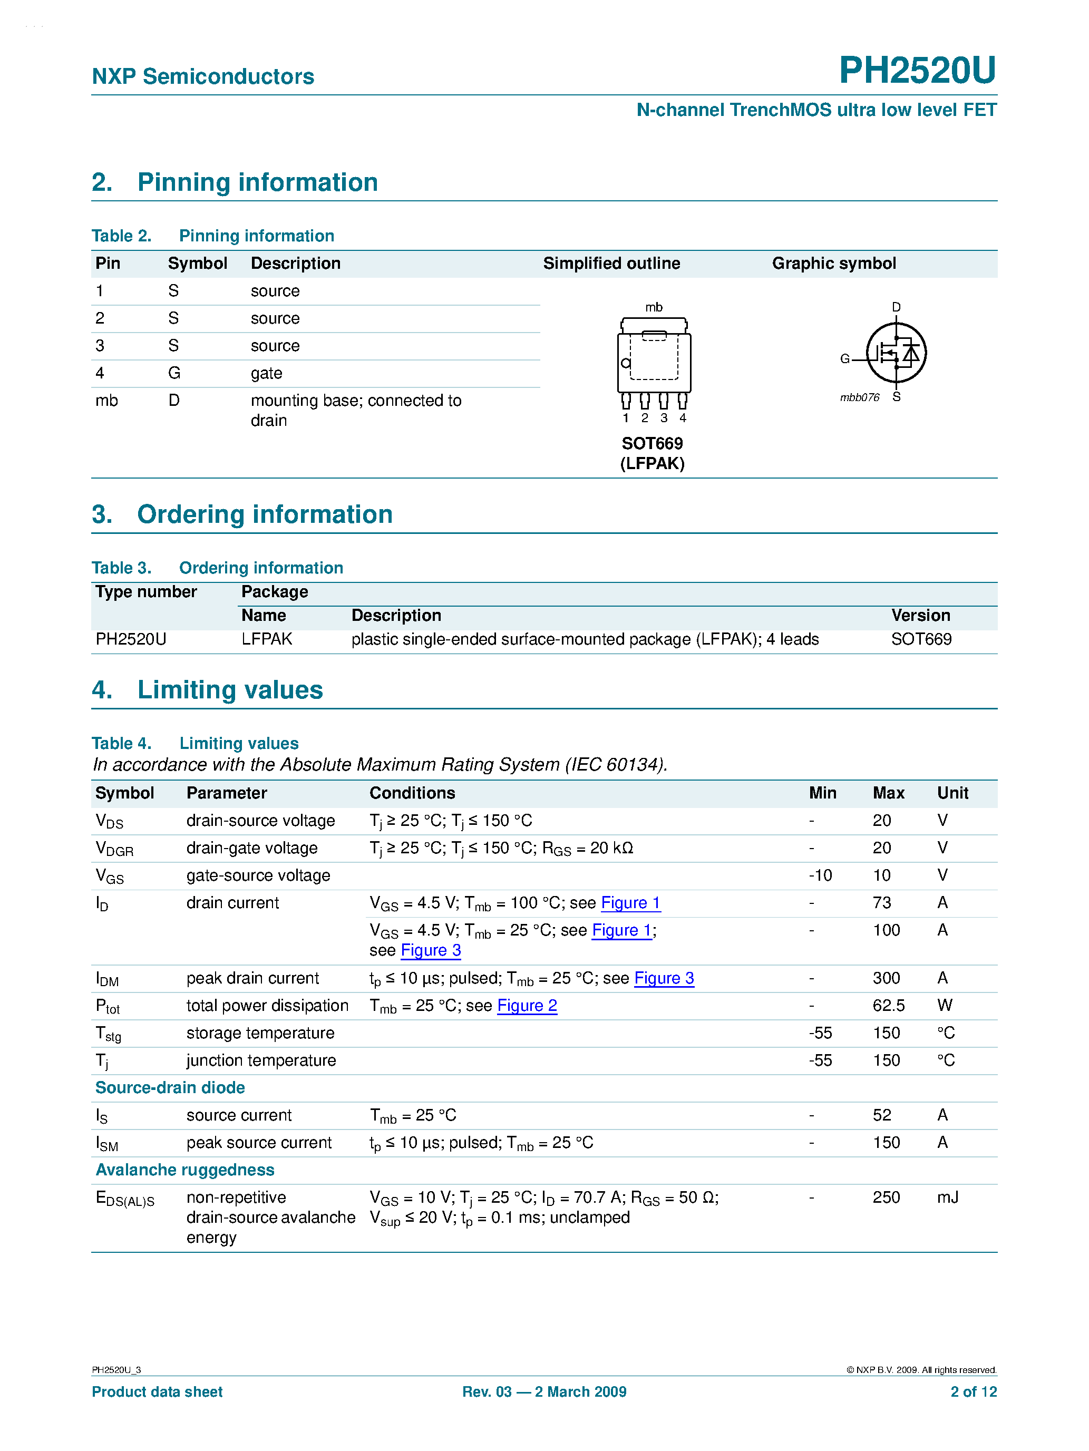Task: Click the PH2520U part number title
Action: click(917, 70)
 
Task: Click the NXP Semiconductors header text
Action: click(203, 77)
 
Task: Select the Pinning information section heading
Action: click(257, 182)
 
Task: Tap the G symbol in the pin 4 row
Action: click(174, 373)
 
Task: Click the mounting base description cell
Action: click(356, 410)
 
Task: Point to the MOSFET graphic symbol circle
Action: click(896, 353)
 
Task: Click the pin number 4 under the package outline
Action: click(682, 418)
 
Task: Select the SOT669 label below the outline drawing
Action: click(652, 443)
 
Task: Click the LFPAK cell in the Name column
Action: click(266, 639)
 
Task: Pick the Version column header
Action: click(920, 615)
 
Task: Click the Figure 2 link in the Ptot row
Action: click(527, 1006)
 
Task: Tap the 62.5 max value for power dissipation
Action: click(888, 1006)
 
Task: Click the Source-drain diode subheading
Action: click(170, 1088)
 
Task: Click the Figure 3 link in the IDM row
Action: click(664, 978)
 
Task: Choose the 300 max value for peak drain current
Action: click(886, 978)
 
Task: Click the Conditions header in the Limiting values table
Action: click(412, 793)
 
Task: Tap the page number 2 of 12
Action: click(973, 1391)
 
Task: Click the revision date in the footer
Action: click(544, 1391)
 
